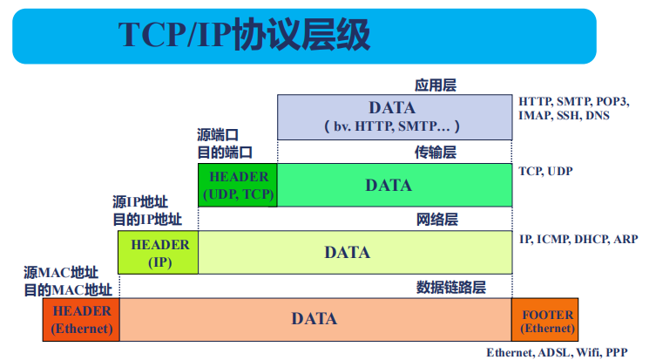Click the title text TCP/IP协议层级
(244, 35)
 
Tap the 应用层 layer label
(435, 85)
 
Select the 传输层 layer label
(435, 153)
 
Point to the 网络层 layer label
(436, 220)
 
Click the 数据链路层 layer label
(451, 287)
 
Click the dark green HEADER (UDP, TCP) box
(238, 185)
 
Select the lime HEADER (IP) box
(159, 253)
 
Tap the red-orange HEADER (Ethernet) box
(81, 320)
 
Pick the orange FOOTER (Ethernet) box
(544, 320)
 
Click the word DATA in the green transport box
(389, 186)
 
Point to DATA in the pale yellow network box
(348, 253)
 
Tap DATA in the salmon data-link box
(314, 319)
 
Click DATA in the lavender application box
(392, 108)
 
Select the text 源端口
(218, 135)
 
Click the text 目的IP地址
(147, 220)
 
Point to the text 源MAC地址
(61, 273)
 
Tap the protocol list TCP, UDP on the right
(545, 171)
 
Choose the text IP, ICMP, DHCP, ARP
(578, 239)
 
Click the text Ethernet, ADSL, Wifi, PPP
(557, 353)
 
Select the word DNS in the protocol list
(598, 116)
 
